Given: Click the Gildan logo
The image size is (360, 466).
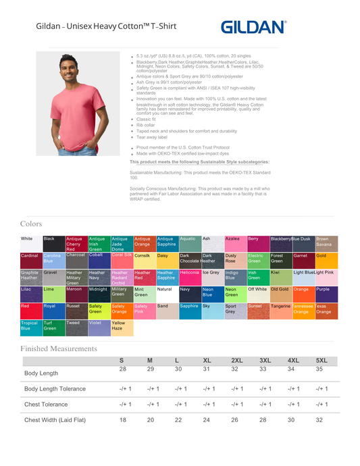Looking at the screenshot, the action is [253, 27].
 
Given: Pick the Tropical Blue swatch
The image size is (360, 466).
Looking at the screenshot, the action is [31, 328].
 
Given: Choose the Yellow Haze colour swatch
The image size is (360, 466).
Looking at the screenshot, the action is [122, 328].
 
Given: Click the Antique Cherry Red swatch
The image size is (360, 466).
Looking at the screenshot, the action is [76, 243].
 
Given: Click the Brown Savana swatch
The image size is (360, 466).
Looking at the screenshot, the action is [326, 243].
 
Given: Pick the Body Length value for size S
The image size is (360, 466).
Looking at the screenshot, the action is [123, 369].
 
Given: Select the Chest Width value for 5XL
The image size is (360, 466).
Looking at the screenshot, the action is [322, 420].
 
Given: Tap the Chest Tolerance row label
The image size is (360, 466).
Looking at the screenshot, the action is [46, 405].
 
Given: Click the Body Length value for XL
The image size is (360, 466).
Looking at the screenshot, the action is [207, 369].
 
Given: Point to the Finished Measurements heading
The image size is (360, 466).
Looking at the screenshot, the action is [59, 348].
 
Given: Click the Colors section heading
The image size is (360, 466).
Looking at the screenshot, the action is [31, 224].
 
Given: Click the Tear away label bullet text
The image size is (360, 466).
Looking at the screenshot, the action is [152, 137].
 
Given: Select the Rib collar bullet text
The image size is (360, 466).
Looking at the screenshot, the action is [146, 125].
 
